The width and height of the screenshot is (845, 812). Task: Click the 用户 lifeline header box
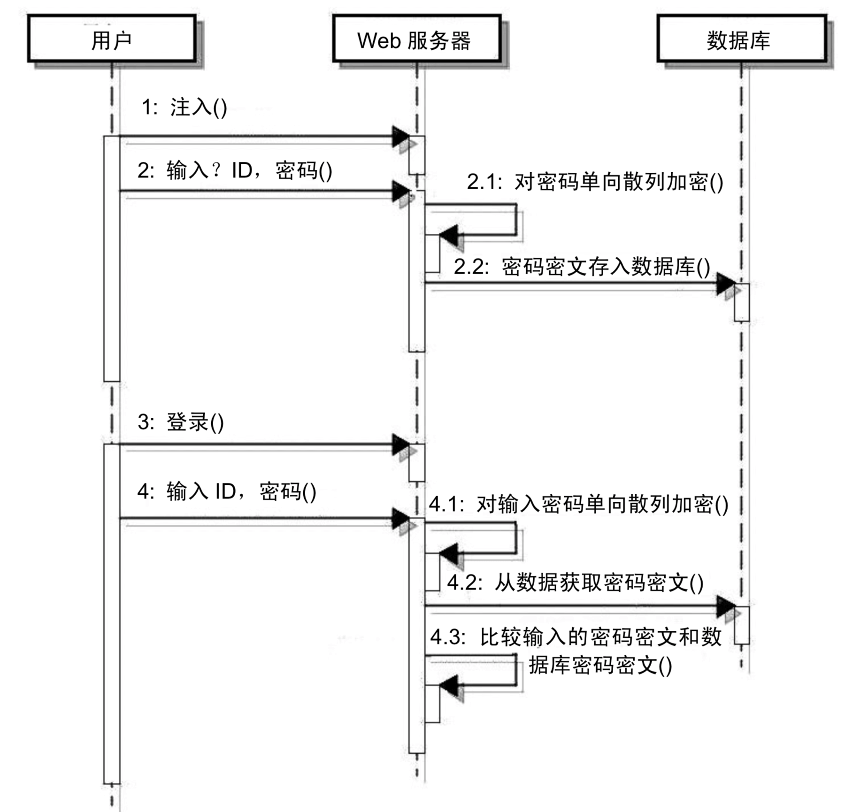tap(111, 39)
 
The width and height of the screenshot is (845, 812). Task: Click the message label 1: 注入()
tap(184, 107)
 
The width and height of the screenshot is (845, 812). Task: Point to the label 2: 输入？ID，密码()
tap(235, 170)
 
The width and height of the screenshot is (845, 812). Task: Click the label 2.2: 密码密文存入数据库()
tap(582, 267)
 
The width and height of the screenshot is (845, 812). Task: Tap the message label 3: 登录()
tap(180, 422)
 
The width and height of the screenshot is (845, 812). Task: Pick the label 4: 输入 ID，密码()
tap(227, 492)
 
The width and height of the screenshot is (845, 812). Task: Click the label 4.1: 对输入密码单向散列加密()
tap(578, 505)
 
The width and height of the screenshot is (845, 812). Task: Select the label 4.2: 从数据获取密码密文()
tap(575, 583)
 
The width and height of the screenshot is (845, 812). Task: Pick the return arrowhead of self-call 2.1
tap(448, 234)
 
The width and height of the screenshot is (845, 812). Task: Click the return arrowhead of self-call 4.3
tap(448, 686)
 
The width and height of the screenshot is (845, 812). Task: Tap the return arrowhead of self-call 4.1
tap(448, 554)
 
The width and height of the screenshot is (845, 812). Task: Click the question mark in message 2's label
tap(216, 170)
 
